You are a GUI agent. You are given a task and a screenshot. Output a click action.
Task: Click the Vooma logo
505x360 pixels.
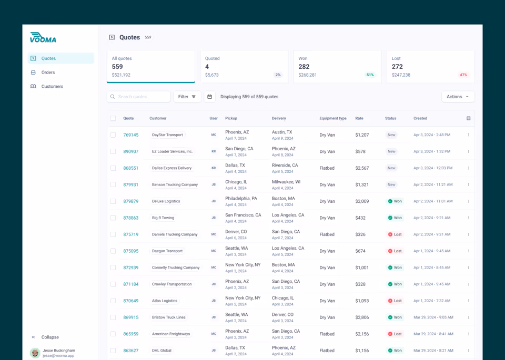point(43,37)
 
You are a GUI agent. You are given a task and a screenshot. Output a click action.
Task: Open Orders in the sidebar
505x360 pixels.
point(48,73)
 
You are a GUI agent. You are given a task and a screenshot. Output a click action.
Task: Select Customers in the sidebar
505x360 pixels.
point(52,86)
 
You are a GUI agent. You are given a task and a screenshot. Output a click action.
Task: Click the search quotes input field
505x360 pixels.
point(140,97)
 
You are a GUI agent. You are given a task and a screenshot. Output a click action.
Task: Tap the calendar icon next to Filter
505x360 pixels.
point(209,97)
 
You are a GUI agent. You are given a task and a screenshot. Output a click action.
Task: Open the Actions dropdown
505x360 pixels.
point(457,97)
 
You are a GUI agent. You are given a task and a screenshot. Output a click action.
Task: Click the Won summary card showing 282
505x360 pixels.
point(337,66)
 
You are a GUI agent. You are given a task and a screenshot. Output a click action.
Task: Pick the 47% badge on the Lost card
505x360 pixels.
point(463,75)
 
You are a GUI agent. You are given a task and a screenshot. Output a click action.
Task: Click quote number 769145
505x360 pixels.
point(130,135)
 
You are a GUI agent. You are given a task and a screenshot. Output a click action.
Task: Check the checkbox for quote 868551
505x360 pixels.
point(113,168)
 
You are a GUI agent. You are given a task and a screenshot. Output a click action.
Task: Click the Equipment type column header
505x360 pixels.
point(332,118)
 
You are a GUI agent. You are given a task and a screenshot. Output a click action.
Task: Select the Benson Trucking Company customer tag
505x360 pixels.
point(175,185)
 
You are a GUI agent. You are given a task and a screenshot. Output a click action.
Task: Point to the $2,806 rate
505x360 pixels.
point(362,317)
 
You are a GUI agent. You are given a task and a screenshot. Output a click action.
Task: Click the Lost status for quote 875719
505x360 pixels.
point(395,234)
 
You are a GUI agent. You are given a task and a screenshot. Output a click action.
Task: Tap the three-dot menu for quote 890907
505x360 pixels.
point(468,151)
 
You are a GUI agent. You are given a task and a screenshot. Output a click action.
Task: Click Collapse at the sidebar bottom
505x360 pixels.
point(49,337)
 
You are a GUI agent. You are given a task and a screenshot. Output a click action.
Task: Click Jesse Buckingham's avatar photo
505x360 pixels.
point(35,353)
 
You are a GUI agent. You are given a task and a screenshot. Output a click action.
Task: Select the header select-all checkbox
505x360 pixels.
point(113,118)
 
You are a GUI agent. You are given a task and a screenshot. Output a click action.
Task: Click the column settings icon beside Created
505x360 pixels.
point(468,118)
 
